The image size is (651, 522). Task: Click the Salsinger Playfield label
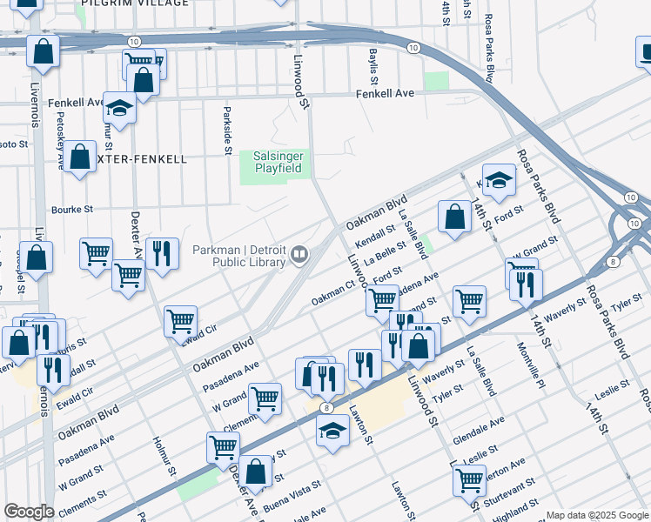click(x=277, y=161)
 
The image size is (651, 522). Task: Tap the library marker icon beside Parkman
click(x=299, y=254)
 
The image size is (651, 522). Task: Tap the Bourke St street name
click(x=71, y=209)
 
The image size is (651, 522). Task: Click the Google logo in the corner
click(x=30, y=512)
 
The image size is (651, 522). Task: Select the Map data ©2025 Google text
click(x=597, y=515)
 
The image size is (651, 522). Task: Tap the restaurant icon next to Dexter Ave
click(x=162, y=253)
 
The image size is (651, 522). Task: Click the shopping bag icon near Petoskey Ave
click(x=80, y=157)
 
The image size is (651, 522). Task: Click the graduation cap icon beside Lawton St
click(x=332, y=430)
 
